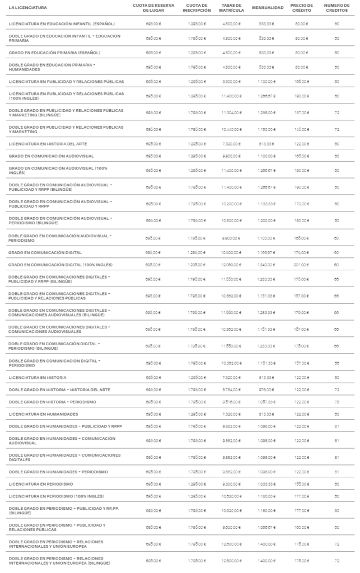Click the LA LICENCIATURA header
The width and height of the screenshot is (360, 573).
(28, 7)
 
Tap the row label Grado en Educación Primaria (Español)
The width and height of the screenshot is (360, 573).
(54, 53)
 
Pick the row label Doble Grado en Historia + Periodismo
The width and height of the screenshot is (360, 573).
(53, 402)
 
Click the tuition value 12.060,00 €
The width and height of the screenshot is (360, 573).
(230, 264)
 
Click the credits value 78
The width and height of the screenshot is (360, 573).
(336, 402)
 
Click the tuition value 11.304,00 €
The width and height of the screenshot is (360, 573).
(230, 112)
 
